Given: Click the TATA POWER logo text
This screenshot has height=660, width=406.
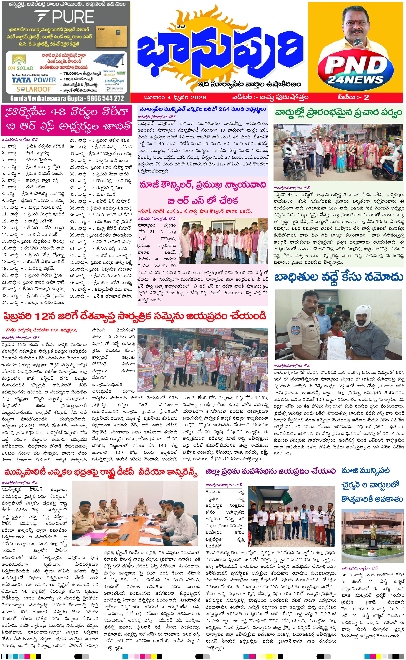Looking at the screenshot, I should pyautogui.click(x=34, y=80).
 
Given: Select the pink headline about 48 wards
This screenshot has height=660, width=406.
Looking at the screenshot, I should pyautogui.click(x=67, y=119).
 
